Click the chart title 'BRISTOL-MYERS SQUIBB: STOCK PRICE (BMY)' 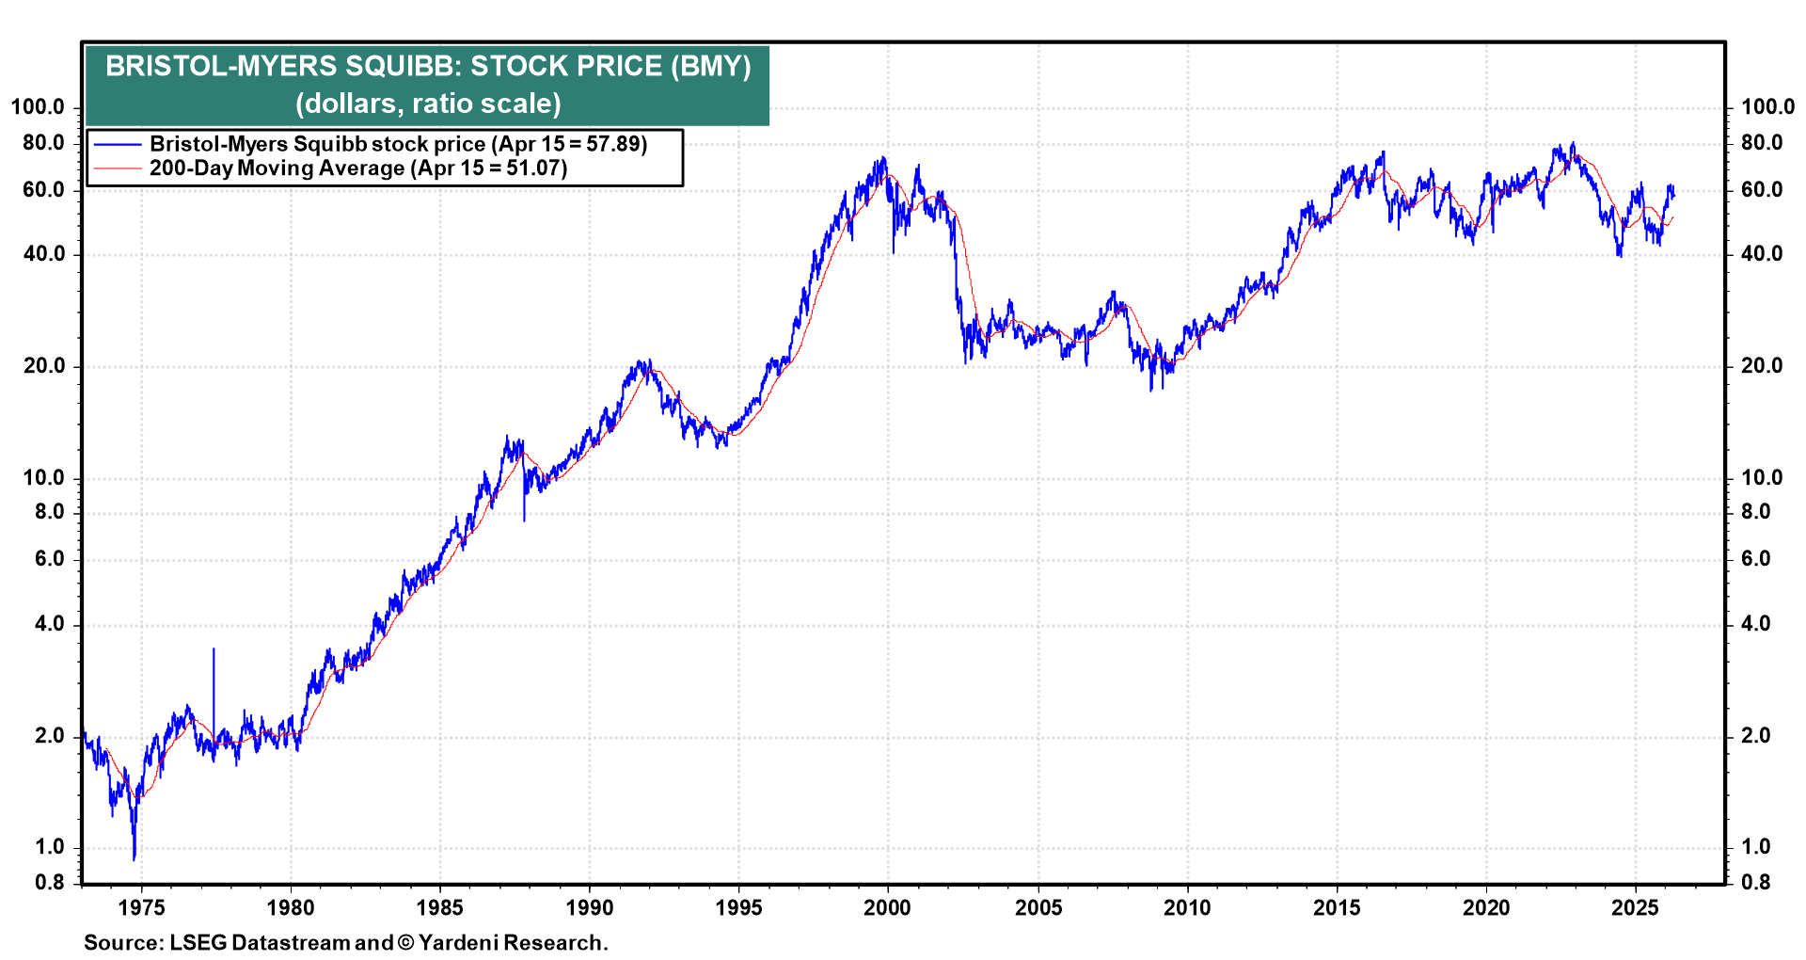tap(428, 67)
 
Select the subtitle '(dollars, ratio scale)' tap(428, 104)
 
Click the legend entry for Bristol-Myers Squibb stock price tap(398, 144)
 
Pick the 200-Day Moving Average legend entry tap(357, 168)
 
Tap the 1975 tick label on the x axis tap(141, 908)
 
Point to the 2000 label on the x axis tap(887, 908)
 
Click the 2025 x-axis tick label tap(1635, 908)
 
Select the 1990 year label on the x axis tap(589, 908)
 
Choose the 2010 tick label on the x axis tap(1187, 908)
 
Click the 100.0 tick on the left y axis tap(38, 107)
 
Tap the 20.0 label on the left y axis tap(44, 366)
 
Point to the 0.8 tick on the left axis tap(50, 883)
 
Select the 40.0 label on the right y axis tap(1762, 254)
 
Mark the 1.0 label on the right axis tap(1755, 847)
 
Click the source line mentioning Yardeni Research tap(345, 943)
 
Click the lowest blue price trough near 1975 tap(135, 857)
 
